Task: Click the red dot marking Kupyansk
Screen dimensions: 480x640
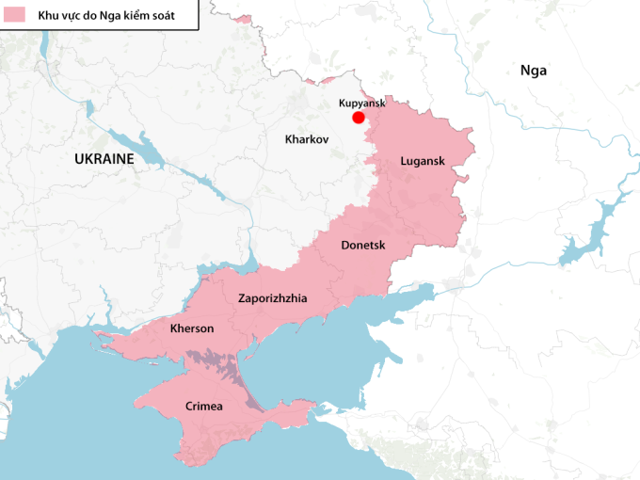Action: pyautogui.click(x=359, y=117)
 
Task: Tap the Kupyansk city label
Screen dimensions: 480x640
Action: pyautogui.click(x=362, y=103)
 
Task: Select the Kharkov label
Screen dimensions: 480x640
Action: pyautogui.click(x=307, y=139)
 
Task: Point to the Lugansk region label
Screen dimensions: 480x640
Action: pyautogui.click(x=422, y=161)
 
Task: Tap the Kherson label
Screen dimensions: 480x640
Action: pyautogui.click(x=192, y=328)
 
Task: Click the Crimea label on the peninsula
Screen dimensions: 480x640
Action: pyautogui.click(x=204, y=406)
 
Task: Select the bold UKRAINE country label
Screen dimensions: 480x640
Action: pyautogui.click(x=104, y=159)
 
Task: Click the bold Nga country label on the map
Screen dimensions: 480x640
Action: pyautogui.click(x=533, y=70)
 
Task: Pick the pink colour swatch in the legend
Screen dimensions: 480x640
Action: pyautogui.click(x=14, y=15)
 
